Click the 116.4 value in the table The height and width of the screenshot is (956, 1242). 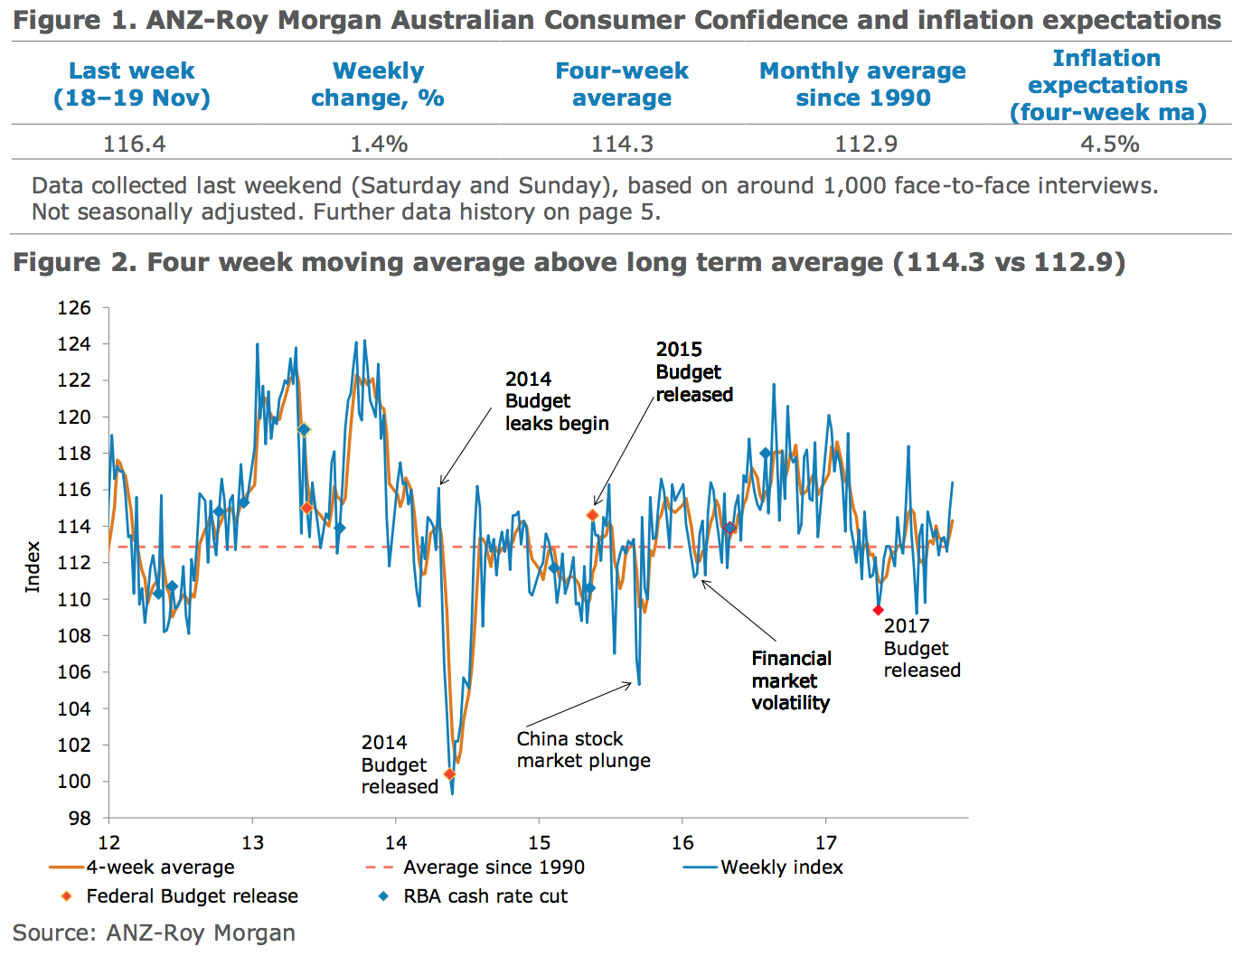(135, 144)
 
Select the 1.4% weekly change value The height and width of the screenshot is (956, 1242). (379, 144)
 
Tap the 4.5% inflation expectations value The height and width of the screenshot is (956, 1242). (1109, 144)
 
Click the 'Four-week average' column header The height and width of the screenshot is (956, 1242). (622, 84)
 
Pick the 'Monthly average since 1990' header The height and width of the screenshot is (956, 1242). (862, 84)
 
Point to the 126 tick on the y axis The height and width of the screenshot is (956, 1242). (74, 308)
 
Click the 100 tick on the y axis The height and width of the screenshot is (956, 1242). (74, 782)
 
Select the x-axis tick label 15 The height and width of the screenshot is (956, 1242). (540, 843)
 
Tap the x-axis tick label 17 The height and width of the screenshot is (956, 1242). (826, 843)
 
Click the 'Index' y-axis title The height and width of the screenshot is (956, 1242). (33, 567)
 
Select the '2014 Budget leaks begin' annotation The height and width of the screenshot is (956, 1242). (556, 401)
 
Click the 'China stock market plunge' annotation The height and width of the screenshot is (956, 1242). (583, 750)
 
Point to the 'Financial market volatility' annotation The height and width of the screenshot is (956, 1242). (791, 680)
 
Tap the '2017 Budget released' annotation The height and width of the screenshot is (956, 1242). (921, 648)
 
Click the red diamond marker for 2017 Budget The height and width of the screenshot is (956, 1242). (878, 611)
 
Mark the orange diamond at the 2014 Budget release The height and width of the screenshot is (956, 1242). (449, 774)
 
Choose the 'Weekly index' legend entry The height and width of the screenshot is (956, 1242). (781, 867)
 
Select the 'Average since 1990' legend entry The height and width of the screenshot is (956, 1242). (494, 867)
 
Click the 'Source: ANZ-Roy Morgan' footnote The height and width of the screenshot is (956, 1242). (154, 933)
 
